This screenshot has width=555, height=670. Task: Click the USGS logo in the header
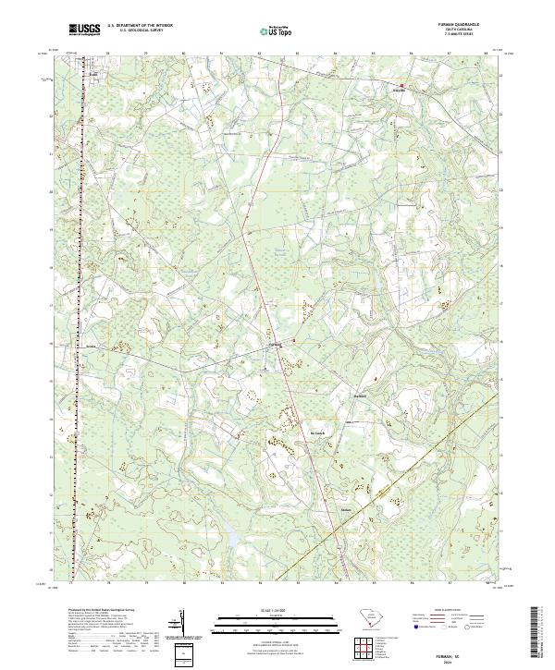pyautogui.click(x=84, y=30)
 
